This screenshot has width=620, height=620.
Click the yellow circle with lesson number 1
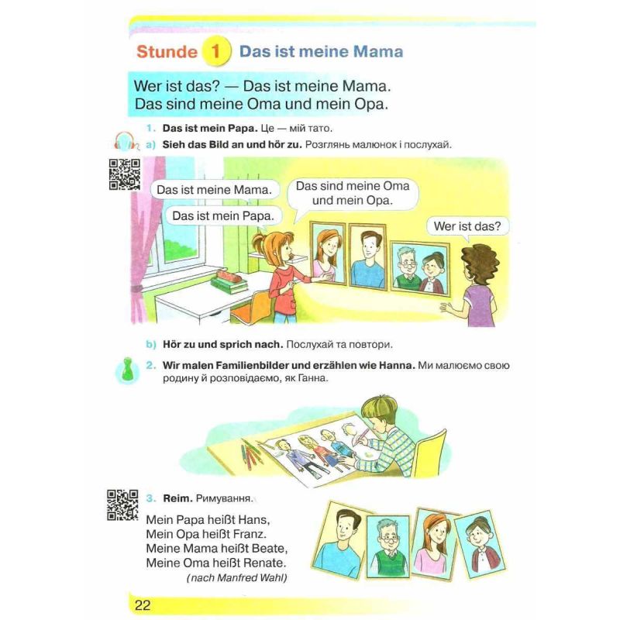pos(216,51)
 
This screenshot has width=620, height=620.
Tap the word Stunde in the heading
pos(167,52)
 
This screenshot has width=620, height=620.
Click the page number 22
pos(143,605)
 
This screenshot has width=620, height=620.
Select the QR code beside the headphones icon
pos(125,174)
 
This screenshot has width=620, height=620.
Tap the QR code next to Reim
pos(122,505)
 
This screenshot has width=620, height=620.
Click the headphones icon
pos(126,141)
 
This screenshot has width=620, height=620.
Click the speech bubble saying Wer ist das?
pos(467,226)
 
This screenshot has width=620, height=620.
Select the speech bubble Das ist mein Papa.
pos(223,216)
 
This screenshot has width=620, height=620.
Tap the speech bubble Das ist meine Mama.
pos(215,190)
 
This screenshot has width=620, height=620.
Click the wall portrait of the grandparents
pos(420,269)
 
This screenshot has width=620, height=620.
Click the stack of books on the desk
pos(229,281)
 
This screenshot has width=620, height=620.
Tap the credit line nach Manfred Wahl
pos(236,577)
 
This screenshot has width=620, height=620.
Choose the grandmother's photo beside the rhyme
pos(480,544)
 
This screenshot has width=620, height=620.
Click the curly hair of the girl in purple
pos(480,263)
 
